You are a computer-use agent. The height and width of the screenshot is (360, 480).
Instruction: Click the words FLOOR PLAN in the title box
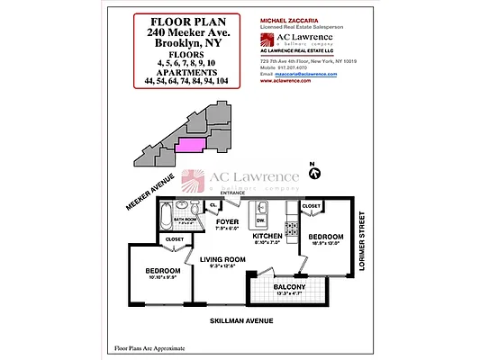(188, 22)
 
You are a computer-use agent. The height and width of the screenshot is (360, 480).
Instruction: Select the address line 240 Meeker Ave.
(188, 33)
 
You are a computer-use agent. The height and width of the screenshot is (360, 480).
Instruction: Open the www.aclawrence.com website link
(285, 81)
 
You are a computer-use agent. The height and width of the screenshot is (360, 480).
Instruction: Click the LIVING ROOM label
(216, 259)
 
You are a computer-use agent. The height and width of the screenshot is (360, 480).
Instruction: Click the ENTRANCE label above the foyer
(233, 193)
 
